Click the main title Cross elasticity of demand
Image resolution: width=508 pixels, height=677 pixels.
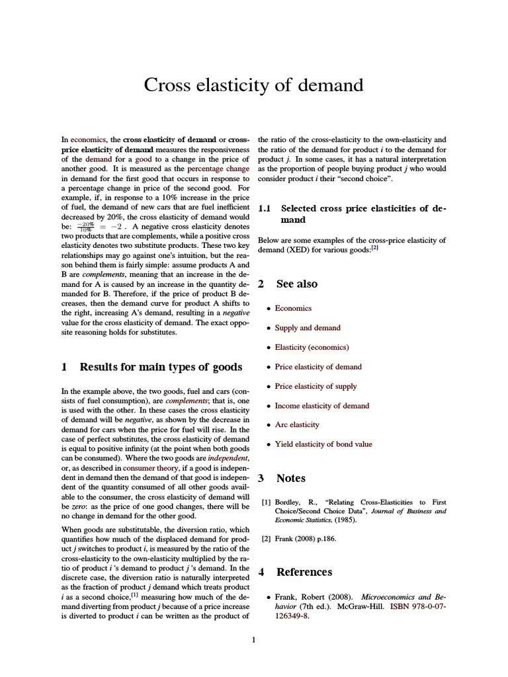254,85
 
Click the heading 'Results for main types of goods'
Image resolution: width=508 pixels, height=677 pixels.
160,367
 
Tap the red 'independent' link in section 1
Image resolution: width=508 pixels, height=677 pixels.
228,458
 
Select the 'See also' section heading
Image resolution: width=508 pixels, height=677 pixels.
296,284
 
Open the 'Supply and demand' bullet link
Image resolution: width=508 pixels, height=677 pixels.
308,328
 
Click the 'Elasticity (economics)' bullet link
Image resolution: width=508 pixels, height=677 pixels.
312,347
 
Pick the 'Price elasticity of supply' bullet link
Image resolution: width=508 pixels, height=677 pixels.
316,386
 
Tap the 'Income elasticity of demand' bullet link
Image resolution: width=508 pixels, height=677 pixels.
321,406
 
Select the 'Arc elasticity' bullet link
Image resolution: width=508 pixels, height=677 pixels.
297,425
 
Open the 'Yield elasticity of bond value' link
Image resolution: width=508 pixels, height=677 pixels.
323,444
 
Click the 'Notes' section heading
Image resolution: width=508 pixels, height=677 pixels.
290,478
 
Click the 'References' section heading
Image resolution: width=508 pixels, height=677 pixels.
304,572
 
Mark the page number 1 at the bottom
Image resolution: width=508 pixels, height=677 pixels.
253,639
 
